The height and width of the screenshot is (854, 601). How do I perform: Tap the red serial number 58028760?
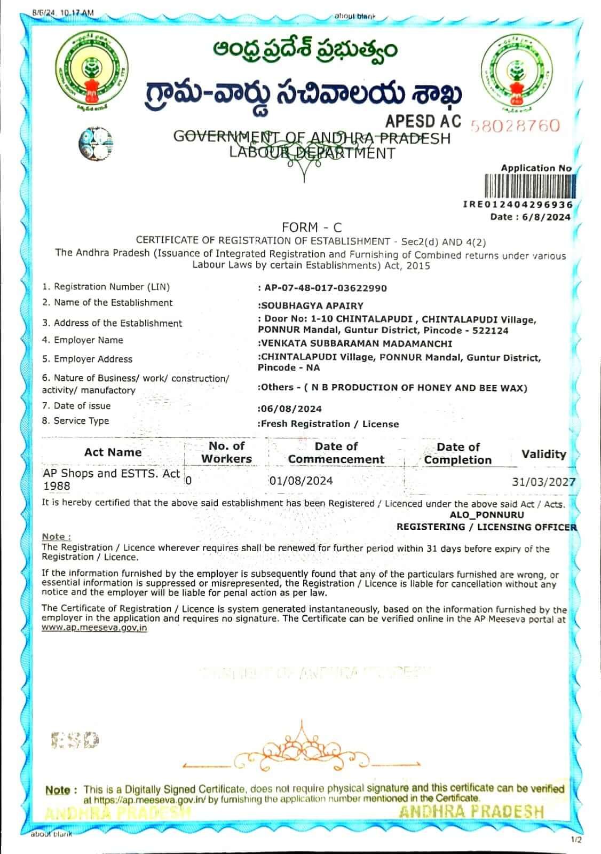pos(515,126)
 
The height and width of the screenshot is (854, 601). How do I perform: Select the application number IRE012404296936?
pos(518,205)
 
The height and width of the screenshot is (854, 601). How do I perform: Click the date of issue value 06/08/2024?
pos(291,409)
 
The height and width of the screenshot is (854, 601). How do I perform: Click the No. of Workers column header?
pos(226,452)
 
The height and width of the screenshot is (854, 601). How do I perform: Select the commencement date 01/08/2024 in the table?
pos(301,481)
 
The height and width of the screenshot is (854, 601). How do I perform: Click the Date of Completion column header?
pos(457,453)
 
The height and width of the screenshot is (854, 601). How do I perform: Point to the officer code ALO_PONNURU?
pos(487,515)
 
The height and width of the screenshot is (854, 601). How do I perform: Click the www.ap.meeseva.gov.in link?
pos(94,628)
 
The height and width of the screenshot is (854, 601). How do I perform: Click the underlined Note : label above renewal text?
pos(56,536)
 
